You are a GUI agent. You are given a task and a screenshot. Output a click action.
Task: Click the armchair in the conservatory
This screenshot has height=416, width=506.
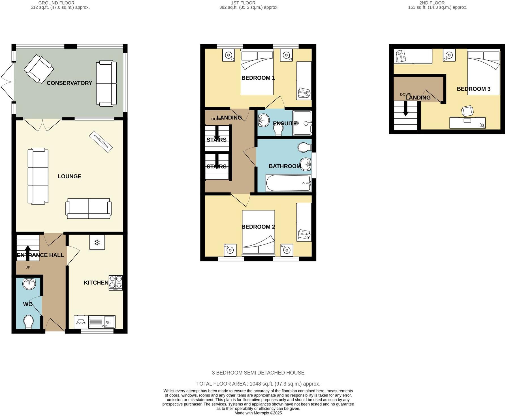[39, 69]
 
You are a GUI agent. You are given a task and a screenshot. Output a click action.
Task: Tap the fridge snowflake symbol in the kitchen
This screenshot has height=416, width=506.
[97, 242]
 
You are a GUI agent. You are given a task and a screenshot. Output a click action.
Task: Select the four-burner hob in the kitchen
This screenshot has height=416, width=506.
[116, 283]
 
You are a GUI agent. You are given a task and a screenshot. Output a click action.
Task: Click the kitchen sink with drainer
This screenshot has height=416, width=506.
[101, 322]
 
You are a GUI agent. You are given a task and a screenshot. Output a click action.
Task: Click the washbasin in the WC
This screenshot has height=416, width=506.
[29, 283]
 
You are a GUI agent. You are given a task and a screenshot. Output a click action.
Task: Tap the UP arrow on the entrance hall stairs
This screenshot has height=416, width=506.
[28, 252]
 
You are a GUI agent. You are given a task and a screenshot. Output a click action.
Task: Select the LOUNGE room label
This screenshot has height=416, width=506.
[69, 176]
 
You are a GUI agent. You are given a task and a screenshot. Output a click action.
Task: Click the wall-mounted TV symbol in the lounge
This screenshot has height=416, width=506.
[101, 142]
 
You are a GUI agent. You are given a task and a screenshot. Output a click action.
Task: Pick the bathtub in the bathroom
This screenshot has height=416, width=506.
[288, 183]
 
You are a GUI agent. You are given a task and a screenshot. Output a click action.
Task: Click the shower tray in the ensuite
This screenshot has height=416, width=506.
[302, 123]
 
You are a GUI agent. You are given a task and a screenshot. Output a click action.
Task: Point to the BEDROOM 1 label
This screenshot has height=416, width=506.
[258, 78]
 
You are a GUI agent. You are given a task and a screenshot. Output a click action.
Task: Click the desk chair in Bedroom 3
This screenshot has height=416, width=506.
[467, 111]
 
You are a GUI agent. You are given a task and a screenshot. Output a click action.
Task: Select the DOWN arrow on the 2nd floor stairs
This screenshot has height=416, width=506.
[405, 110]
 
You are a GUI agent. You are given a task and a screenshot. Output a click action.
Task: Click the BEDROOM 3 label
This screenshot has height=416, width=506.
[473, 89]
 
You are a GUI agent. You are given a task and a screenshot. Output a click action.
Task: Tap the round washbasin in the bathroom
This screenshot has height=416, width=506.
[306, 164]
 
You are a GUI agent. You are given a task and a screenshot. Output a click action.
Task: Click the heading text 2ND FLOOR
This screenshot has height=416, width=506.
[432, 3]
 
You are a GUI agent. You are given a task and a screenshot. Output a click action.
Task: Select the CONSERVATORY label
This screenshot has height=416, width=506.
[69, 83]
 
